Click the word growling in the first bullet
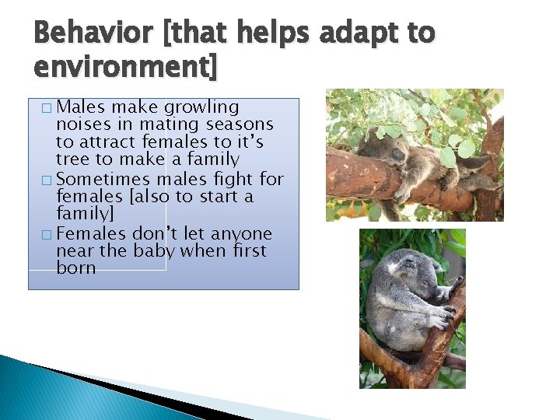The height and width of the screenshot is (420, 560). [x=202, y=107]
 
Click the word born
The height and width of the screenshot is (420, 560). [x=76, y=268]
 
